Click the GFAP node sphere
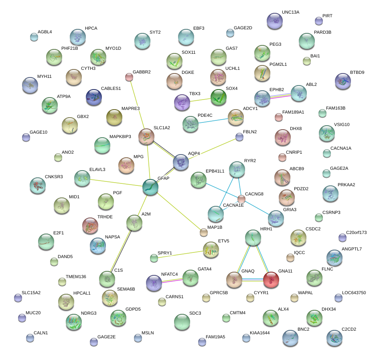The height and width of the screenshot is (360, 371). pos(150,187)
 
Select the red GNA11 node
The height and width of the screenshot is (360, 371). pos(271,280)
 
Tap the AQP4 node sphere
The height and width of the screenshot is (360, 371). pos(181,162)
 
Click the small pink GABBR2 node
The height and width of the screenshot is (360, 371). pos(129,77)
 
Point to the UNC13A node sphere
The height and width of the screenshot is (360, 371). pos(275,20)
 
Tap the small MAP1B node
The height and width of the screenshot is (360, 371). pos(204,232)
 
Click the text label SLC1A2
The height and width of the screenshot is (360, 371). pos(162,128)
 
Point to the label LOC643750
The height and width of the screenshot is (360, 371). pos(354,293)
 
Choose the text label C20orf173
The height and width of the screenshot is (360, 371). pos(357,232)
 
